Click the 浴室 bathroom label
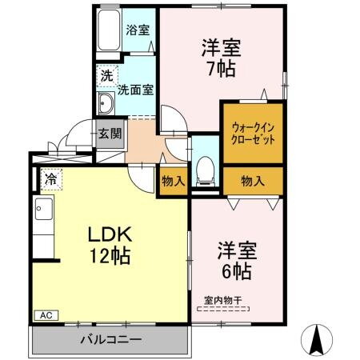point(138,30)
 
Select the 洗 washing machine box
point(106,76)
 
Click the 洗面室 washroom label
point(135,90)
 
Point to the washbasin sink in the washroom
point(106,102)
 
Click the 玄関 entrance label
point(110,134)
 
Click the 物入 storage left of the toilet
point(173,181)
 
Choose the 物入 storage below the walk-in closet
point(253,181)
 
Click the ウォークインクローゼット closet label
point(253,132)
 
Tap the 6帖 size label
point(234,270)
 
